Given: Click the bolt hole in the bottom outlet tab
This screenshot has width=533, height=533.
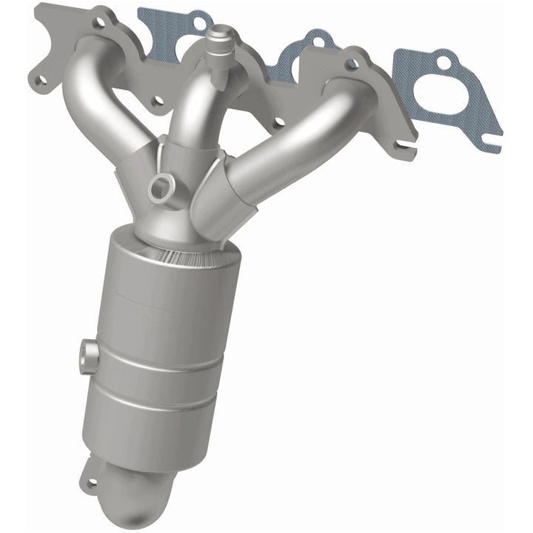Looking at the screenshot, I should click(x=92, y=485).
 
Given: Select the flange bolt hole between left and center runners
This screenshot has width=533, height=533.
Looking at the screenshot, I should click(x=158, y=101).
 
